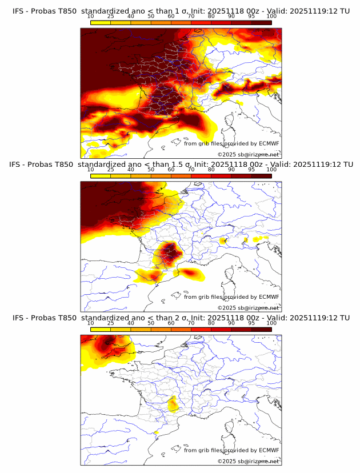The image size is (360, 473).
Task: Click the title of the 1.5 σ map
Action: (x=181, y=164)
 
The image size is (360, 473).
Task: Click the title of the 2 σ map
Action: (x=181, y=318)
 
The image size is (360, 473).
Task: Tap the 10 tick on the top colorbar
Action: (x=91, y=17)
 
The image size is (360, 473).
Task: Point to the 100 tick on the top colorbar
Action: (x=271, y=17)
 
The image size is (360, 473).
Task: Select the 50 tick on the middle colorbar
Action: (x=151, y=170)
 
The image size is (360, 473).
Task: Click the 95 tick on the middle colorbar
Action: (x=251, y=170)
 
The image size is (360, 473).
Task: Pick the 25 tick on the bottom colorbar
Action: (x=111, y=323)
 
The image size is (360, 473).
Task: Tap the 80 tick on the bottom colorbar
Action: (x=211, y=323)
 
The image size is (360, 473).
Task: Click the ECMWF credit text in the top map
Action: (x=231, y=143)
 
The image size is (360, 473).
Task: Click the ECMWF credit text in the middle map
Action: (x=231, y=296)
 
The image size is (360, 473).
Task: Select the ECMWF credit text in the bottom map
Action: (x=231, y=450)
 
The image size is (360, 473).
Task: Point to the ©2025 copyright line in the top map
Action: (x=248, y=155)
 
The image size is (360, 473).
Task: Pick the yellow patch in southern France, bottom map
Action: (x=173, y=406)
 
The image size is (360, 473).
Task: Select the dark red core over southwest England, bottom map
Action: (x=107, y=344)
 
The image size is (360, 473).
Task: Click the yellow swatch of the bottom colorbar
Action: (x=101, y=329)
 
